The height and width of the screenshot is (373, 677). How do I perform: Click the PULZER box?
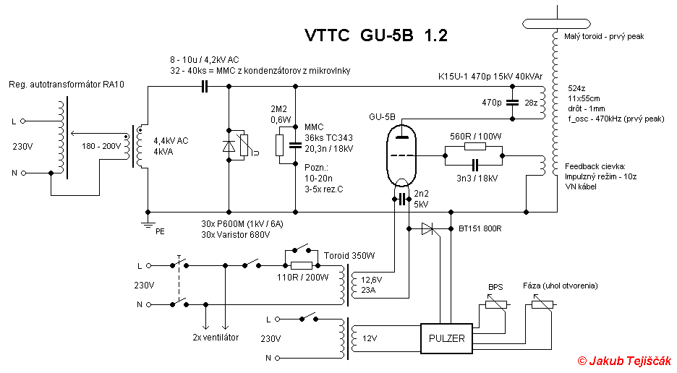446,338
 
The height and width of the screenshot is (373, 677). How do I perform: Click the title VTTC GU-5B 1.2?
376,35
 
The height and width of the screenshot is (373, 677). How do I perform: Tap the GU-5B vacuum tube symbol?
401,155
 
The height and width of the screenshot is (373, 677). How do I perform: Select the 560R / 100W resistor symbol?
475,146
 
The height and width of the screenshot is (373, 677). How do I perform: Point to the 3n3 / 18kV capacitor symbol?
475,165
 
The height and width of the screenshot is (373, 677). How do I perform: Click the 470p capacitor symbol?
513,103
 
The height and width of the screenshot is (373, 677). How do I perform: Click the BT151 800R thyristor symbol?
428,229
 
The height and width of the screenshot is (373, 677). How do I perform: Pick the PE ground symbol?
148,223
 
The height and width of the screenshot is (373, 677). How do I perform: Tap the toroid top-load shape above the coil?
556,24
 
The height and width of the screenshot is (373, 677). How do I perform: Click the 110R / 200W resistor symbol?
302,265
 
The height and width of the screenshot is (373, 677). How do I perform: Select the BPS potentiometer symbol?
495,304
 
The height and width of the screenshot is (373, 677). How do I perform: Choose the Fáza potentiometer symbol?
542,304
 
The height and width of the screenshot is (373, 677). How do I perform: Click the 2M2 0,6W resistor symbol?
280,145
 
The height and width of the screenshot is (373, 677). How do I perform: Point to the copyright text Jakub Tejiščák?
625,361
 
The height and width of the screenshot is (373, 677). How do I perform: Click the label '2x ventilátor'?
216,337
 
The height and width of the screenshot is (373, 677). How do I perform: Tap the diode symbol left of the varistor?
229,147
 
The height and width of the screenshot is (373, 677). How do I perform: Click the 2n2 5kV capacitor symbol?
402,199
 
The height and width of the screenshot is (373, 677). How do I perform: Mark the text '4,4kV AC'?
171,141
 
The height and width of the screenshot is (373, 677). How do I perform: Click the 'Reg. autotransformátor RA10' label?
67,85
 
